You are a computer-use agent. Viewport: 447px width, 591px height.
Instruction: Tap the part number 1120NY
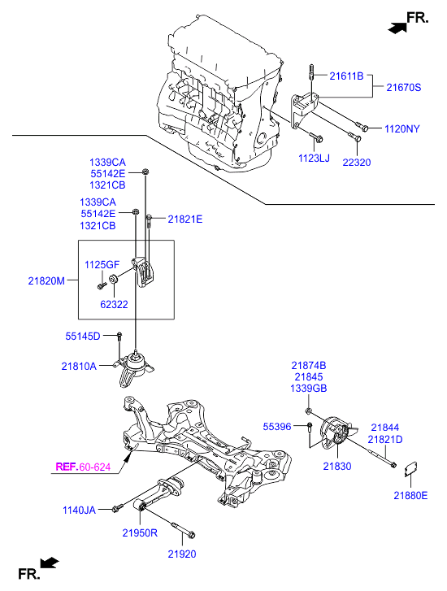pyautogui.click(x=402, y=128)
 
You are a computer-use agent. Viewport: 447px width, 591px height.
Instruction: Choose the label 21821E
pyautogui.click(x=185, y=219)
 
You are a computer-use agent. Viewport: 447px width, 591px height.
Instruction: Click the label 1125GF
pyautogui.click(x=102, y=264)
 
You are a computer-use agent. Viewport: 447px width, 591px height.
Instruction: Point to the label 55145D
pyautogui.click(x=83, y=336)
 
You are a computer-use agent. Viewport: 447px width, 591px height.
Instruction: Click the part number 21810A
pyautogui.click(x=79, y=367)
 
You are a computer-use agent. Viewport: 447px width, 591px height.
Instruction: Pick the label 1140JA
pyautogui.click(x=79, y=510)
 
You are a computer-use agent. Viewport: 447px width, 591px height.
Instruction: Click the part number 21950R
pyautogui.click(x=141, y=533)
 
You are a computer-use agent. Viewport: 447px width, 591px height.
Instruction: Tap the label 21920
pyautogui.click(x=182, y=554)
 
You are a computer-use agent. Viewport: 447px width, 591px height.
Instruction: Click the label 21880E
pyautogui.click(x=410, y=495)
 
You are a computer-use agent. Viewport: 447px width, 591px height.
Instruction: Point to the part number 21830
pyautogui.click(x=337, y=466)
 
